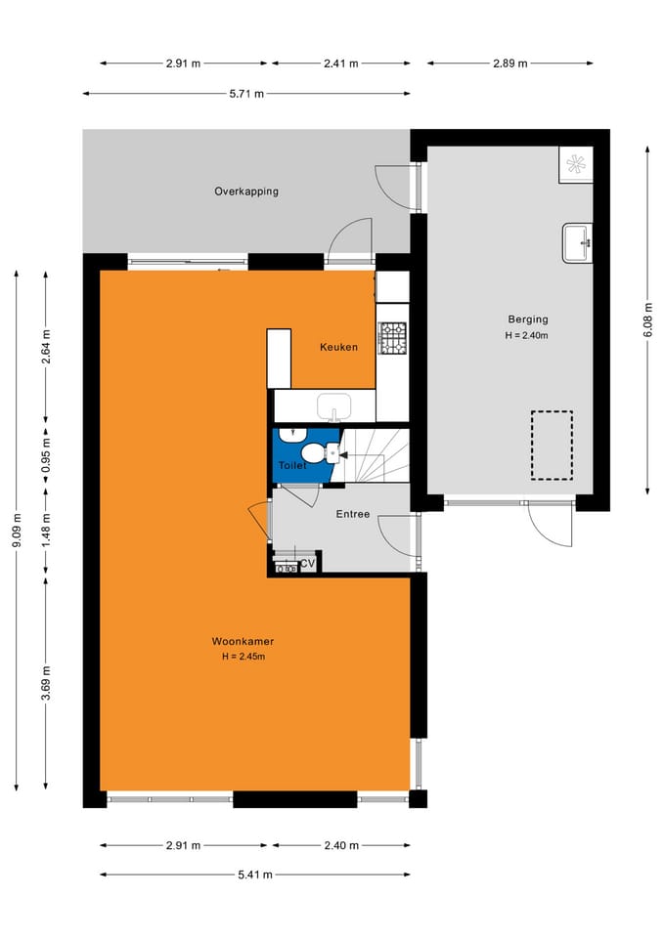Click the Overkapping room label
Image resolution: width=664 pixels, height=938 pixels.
[x=246, y=192]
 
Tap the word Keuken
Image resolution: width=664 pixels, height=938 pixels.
[x=338, y=347]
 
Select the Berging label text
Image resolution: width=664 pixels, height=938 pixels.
[x=527, y=320]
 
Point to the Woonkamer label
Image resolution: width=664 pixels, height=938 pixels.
[x=243, y=641]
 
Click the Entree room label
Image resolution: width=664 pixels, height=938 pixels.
[x=353, y=514]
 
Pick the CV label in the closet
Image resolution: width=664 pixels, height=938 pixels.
[x=307, y=564]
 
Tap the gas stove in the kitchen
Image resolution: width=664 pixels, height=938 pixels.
[x=393, y=338]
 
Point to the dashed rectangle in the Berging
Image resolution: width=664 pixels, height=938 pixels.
[x=552, y=446]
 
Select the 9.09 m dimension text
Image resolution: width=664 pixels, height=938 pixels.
[x=17, y=532]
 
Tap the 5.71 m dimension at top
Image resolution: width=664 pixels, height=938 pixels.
[x=245, y=94]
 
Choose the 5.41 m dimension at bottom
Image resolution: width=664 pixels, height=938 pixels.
[x=254, y=874]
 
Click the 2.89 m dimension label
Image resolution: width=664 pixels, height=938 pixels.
[x=509, y=64]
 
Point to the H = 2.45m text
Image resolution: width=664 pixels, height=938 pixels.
[x=243, y=657]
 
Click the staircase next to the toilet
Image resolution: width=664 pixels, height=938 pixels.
[x=376, y=457]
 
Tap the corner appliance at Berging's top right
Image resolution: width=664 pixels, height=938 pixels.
[x=575, y=164]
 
